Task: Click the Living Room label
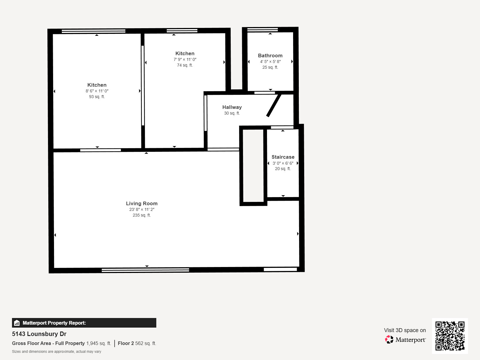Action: point(142,203)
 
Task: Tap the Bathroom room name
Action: point(270,55)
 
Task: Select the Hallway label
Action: point(232,107)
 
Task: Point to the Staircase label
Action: point(283,157)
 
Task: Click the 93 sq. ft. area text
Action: point(97,97)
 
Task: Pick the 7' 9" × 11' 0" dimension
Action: point(185,59)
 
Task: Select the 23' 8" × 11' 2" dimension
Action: point(142,209)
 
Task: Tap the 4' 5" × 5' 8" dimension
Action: point(270,61)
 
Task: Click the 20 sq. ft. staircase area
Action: point(283,169)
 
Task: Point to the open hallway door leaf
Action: point(274,105)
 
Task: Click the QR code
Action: point(450,336)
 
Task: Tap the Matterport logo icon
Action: point(389,339)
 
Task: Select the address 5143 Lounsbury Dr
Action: point(39,334)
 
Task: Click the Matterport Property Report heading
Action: point(54,323)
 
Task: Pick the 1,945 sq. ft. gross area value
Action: point(98,343)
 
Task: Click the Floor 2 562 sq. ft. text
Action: point(137,343)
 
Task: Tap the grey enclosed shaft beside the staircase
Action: point(253,166)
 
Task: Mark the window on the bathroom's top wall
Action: point(262,29)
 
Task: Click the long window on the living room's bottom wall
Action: point(145,270)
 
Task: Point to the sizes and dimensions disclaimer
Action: point(56,352)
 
